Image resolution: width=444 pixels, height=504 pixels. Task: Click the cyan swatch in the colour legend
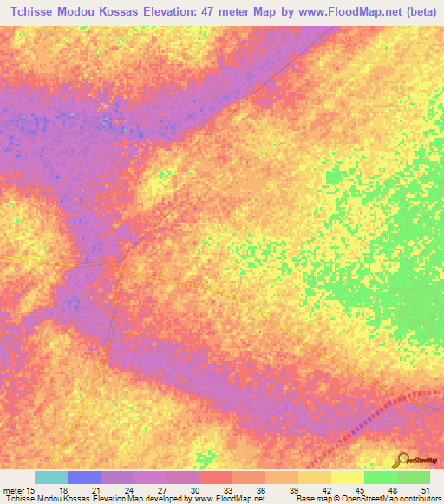[51, 477]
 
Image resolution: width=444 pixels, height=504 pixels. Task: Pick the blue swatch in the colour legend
[84, 477]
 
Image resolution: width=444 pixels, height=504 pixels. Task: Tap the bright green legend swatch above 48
[381, 477]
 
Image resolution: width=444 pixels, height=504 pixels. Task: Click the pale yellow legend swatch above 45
[348, 477]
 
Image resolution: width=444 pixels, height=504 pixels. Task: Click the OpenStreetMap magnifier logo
[402, 460]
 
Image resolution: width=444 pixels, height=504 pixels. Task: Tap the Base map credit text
[317, 499]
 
